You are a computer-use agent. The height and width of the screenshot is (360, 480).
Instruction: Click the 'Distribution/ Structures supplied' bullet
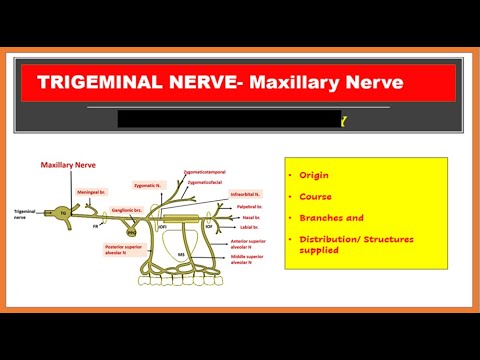coord(345,243)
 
